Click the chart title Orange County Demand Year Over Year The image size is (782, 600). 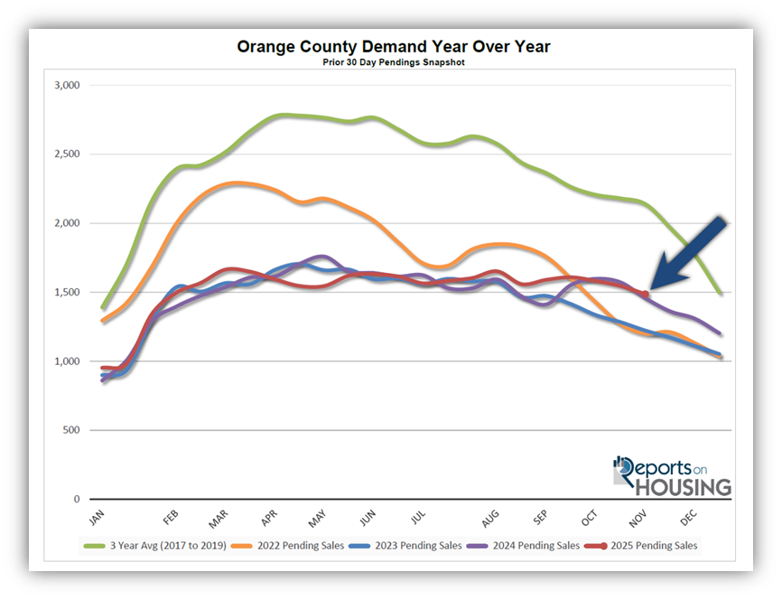coord(392,46)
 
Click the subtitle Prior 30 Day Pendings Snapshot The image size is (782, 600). coord(392,62)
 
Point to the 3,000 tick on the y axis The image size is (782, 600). coord(68,86)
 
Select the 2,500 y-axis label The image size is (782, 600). coord(68,155)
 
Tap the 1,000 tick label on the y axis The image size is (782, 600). coord(68,361)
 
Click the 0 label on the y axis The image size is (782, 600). coord(76,499)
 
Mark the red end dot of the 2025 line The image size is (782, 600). coord(645,294)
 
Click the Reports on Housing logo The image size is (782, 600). coord(672,476)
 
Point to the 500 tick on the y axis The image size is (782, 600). coord(72,430)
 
